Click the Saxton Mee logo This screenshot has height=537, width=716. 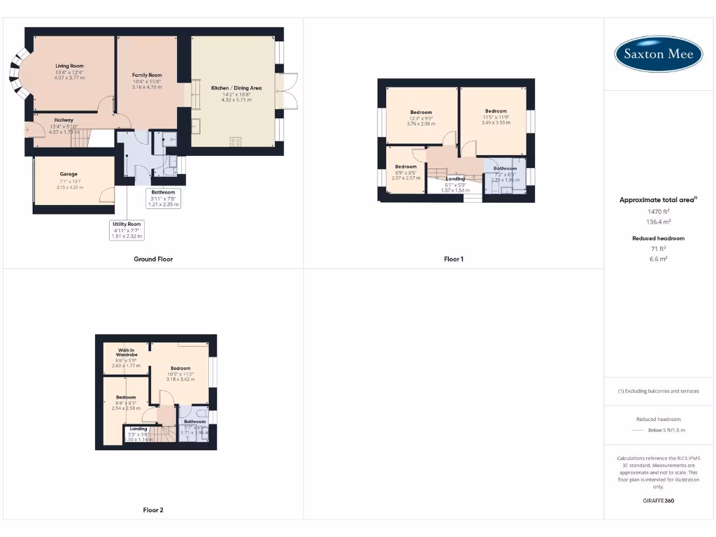(x=659, y=54)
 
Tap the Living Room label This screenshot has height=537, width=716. (x=69, y=66)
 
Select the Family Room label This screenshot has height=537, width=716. (x=147, y=75)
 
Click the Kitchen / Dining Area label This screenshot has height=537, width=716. (x=236, y=88)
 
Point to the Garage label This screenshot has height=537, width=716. (x=69, y=174)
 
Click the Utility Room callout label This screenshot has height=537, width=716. (x=126, y=224)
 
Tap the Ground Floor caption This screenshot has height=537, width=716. (x=153, y=259)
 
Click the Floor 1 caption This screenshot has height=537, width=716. (x=454, y=259)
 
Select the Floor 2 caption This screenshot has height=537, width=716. (x=153, y=510)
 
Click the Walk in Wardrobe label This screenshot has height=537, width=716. (x=127, y=352)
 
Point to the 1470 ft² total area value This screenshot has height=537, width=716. (x=658, y=211)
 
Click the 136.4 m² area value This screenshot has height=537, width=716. (x=658, y=222)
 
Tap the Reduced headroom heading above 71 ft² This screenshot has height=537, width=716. (x=658, y=238)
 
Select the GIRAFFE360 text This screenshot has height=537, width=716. (x=658, y=501)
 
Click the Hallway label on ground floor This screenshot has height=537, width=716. (x=64, y=120)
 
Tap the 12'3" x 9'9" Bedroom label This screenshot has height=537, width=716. (x=421, y=113)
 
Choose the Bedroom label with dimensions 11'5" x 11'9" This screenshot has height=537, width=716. (x=496, y=111)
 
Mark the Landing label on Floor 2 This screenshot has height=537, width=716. (x=138, y=429)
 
